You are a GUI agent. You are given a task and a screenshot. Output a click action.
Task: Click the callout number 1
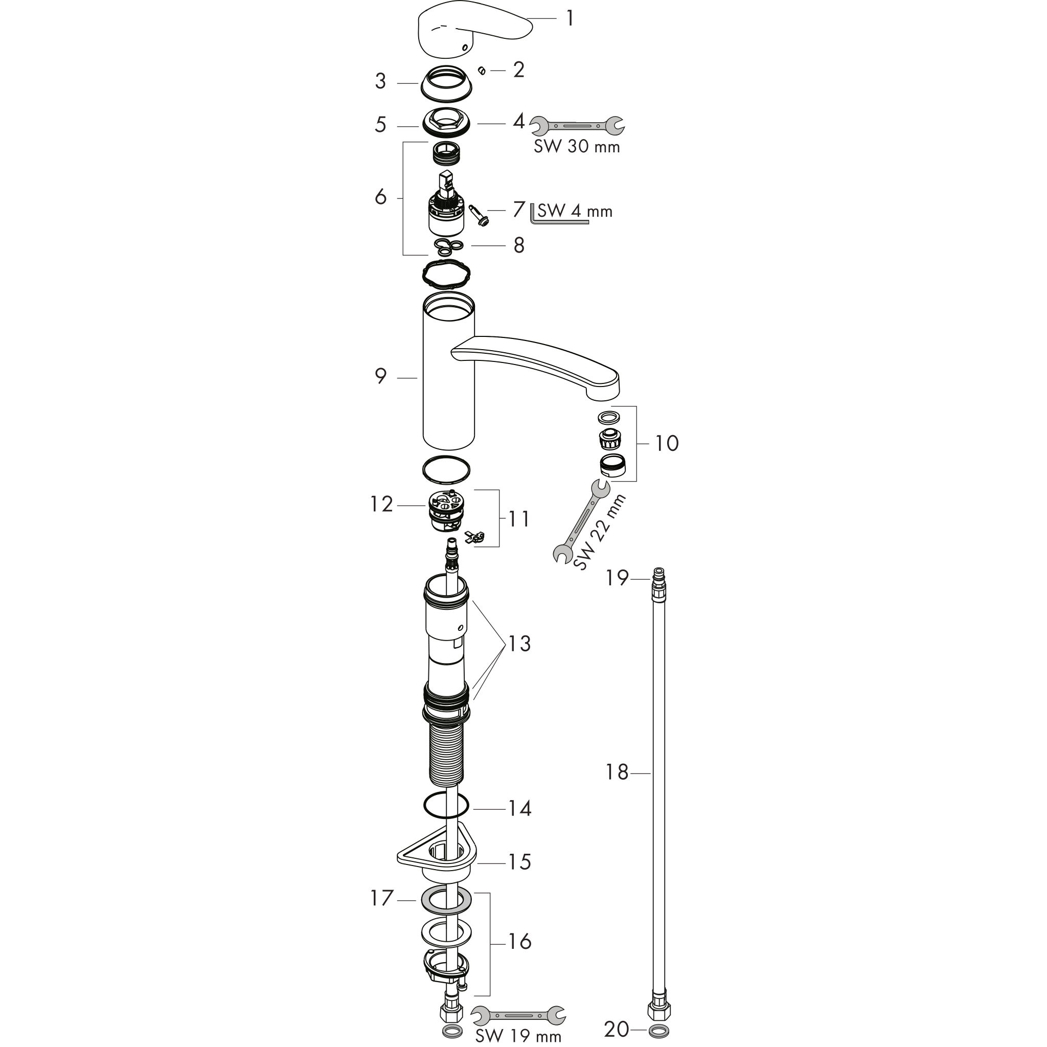coord(570,19)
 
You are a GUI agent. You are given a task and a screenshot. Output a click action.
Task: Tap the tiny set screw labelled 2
coord(482,71)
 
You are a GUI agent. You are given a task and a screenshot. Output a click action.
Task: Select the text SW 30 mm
coord(577,147)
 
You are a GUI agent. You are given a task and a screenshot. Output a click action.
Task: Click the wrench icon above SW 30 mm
coord(577,126)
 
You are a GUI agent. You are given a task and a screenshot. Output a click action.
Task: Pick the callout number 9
coord(380,376)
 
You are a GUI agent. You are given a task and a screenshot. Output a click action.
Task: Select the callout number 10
coord(666,443)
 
